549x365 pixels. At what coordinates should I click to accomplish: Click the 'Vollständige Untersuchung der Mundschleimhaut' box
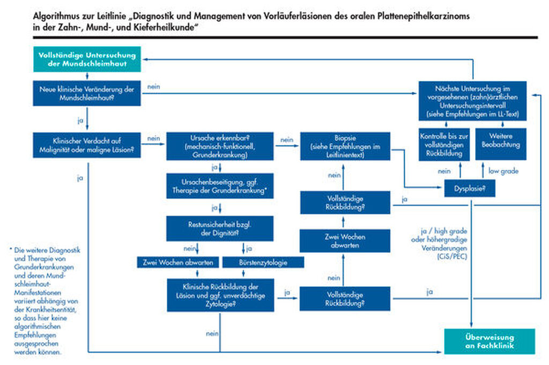pyautogui.click(x=87, y=59)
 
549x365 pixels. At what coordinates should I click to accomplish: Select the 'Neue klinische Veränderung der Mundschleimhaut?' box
pyautogui.click(x=87, y=93)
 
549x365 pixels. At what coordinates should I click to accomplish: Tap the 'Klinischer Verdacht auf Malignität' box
pyautogui.click(x=87, y=145)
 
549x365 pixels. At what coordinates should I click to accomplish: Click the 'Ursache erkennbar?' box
pyautogui.click(x=220, y=146)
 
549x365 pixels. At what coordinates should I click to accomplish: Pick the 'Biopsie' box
pyautogui.click(x=345, y=146)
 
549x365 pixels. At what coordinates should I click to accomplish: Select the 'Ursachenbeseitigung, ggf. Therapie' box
pyautogui.click(x=220, y=186)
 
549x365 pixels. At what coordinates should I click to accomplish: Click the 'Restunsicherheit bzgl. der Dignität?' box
pyautogui.click(x=220, y=229)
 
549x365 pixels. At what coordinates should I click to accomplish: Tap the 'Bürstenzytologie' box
pyautogui.click(x=263, y=262)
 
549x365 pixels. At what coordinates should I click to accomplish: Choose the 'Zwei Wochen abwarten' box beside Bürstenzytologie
pyautogui.click(x=178, y=262)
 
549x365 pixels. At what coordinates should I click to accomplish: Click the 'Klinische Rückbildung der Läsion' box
pyautogui.click(x=220, y=295)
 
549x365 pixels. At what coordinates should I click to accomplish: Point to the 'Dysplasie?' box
pyautogui.click(x=470, y=188)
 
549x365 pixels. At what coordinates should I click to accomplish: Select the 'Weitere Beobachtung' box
pyautogui.click(x=501, y=144)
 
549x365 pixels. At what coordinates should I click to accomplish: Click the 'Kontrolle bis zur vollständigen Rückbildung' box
pyautogui.click(x=444, y=144)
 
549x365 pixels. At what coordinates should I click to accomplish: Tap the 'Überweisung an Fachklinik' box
pyautogui.click(x=489, y=341)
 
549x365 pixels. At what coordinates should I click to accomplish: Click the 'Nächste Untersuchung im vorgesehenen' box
pyautogui.click(x=473, y=101)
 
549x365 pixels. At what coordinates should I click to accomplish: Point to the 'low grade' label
pyautogui.click(x=503, y=171)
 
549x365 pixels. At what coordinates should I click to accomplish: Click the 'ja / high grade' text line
pyautogui.click(x=444, y=231)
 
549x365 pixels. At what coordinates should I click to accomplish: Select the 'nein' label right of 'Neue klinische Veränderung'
pyautogui.click(x=154, y=86)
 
